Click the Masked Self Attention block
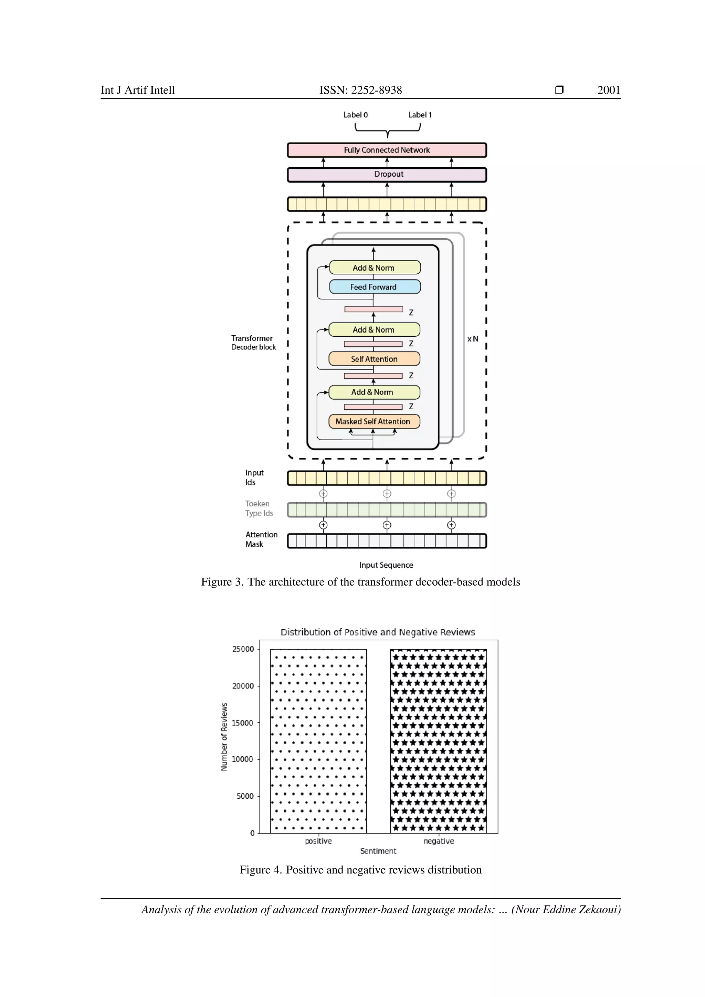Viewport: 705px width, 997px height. click(x=374, y=421)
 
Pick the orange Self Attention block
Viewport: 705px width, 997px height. click(x=374, y=359)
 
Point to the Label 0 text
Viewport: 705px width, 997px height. click(x=355, y=115)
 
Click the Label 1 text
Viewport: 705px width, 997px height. click(x=419, y=115)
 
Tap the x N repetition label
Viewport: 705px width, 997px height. click(x=472, y=339)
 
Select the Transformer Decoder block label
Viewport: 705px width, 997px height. click(x=253, y=342)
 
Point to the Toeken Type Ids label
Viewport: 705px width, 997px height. click(x=259, y=508)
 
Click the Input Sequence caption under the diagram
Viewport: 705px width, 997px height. click(x=386, y=565)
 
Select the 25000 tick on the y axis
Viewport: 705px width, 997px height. click(x=243, y=649)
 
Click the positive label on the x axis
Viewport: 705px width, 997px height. click(x=318, y=841)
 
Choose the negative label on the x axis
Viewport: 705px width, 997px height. click(x=439, y=841)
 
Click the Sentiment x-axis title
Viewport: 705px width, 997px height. click(x=378, y=851)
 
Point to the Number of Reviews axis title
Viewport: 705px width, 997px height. click(x=224, y=737)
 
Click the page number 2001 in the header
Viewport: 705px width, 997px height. click(x=608, y=90)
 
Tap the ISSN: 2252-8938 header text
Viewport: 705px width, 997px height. click(x=360, y=90)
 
